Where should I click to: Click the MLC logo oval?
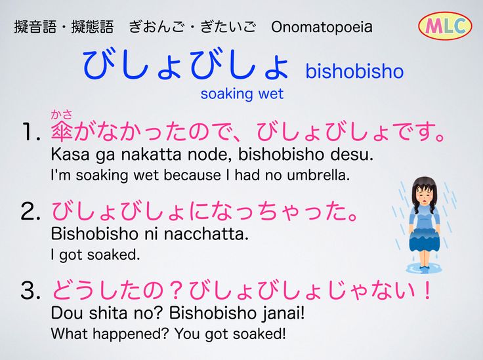[445, 26]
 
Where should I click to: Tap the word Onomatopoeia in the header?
[322, 27]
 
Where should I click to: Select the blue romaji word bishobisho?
[354, 71]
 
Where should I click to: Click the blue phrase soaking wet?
[241, 94]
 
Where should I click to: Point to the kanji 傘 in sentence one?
[62, 131]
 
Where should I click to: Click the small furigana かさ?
[62, 115]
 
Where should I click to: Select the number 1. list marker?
[31, 132]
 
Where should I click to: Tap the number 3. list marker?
[31, 290]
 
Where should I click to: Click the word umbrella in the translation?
[318, 175]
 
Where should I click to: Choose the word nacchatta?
[206, 234]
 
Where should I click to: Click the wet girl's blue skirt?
[425, 239]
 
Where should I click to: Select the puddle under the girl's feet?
[424, 268]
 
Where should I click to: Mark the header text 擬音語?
[35, 27]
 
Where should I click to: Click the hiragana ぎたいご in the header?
[228, 27]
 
